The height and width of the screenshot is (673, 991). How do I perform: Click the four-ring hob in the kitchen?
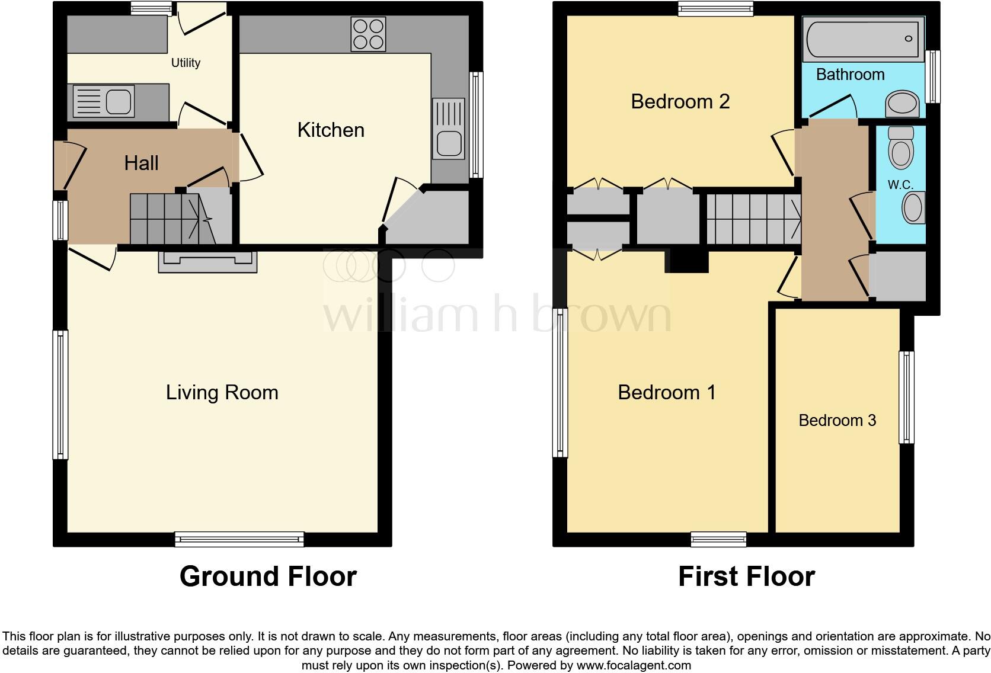tap(368, 34)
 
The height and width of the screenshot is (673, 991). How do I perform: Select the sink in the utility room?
tap(104, 101)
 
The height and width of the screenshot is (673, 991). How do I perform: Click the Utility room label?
tap(186, 63)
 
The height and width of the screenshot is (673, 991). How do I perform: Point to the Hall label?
tap(141, 163)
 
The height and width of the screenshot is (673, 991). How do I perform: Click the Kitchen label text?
tap(331, 130)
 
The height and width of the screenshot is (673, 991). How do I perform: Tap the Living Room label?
tap(222, 392)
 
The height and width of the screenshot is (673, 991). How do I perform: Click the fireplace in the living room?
tap(207, 261)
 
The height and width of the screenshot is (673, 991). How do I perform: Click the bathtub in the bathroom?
tap(863, 39)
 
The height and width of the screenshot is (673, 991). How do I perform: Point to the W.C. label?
tap(900, 185)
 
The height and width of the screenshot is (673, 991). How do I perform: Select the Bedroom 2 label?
tap(680, 101)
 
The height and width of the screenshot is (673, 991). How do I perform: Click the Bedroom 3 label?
tap(837, 421)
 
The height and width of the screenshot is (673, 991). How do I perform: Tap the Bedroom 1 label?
tap(666, 392)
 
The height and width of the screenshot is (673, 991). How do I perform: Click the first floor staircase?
tap(753, 219)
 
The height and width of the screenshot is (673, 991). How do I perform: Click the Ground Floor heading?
tap(268, 576)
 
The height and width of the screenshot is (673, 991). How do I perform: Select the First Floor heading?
tap(746, 576)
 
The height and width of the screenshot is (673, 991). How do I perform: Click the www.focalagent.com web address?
tap(634, 665)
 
